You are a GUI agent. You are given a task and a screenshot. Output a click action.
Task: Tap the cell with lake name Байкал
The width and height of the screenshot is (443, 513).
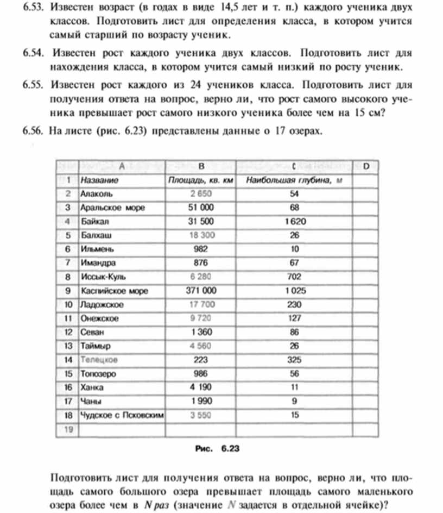tap(96, 221)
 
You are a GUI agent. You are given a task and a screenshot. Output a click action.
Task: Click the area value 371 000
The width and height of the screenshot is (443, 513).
tap(201, 291)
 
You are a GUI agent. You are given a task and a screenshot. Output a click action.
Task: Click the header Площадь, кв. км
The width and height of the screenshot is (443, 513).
tap(200, 179)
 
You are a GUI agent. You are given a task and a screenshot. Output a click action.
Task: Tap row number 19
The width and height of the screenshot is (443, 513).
tap(68, 429)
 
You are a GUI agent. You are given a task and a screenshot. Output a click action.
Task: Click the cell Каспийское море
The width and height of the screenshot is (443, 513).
tap(114, 291)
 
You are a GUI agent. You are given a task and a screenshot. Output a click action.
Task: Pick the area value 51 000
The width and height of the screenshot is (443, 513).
tap(201, 207)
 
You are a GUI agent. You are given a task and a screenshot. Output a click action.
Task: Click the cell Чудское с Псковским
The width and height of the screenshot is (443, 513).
tap(122, 415)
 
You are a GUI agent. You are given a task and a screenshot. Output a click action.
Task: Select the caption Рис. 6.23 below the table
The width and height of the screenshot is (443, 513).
tap(217, 449)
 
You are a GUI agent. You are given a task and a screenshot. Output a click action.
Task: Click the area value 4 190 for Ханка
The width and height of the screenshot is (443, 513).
tap(201, 387)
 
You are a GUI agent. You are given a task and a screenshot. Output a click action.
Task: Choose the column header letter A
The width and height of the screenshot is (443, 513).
tap(122, 166)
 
